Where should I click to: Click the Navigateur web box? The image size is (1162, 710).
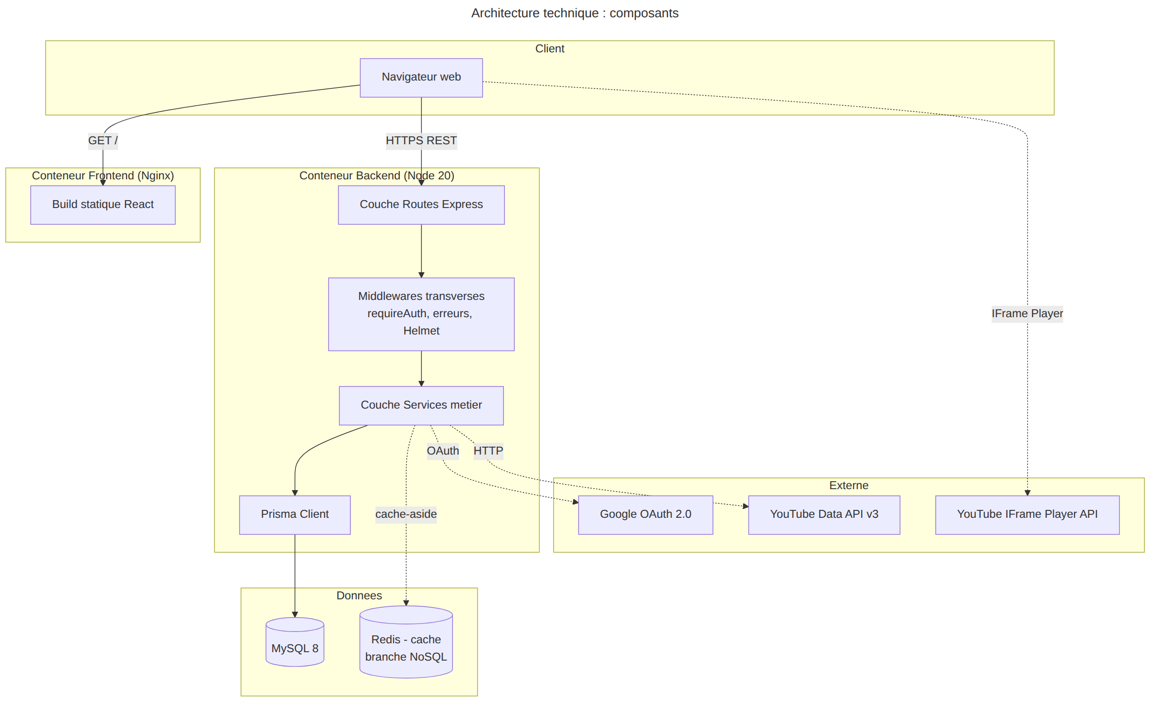click(x=421, y=78)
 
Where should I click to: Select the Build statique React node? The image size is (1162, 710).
click(x=103, y=205)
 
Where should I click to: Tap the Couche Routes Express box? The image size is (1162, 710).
click(x=421, y=205)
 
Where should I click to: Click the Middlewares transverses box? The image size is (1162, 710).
click(x=421, y=314)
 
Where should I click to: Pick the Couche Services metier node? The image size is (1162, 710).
click(x=421, y=406)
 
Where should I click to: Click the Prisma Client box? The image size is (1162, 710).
click(x=295, y=515)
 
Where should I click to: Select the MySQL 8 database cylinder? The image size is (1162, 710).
click(x=295, y=642)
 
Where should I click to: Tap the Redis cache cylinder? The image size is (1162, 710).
click(x=406, y=642)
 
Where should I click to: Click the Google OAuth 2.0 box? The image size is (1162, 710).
click(x=645, y=515)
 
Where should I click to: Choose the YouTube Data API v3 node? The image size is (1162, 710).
click(x=824, y=515)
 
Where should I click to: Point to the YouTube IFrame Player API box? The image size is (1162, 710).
click(x=1027, y=515)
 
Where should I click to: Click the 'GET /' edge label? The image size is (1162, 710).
click(x=103, y=141)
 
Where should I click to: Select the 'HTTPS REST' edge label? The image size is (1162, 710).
click(x=421, y=141)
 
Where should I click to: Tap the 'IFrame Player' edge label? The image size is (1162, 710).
click(x=1027, y=314)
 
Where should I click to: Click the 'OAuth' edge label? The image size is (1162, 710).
click(x=443, y=451)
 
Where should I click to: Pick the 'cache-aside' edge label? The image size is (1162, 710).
click(x=406, y=514)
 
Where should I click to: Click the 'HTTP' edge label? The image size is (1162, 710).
click(x=488, y=451)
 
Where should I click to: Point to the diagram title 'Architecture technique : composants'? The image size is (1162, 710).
click(x=575, y=13)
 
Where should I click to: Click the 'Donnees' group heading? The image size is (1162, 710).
click(x=359, y=596)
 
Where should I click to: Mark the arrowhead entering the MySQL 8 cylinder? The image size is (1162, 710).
click(x=295, y=614)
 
